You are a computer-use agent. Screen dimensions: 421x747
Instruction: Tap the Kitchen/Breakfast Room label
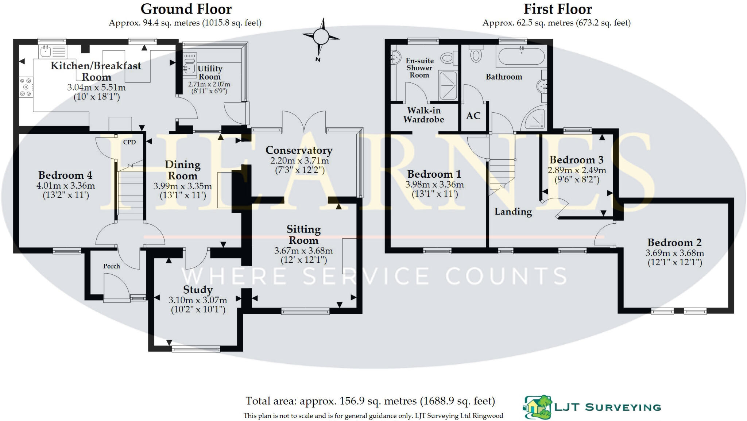(x=96, y=71)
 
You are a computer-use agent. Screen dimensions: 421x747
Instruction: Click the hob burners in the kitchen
(x=26, y=87)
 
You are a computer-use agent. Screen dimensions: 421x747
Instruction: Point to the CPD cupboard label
(x=129, y=142)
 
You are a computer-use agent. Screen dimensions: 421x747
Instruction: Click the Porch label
(x=112, y=266)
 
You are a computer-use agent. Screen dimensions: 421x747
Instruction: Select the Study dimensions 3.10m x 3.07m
(x=198, y=300)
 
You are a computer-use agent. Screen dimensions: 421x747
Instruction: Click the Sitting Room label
(x=303, y=235)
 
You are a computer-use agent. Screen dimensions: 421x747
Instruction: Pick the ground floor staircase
(x=131, y=193)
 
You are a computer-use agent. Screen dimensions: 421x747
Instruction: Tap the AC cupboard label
(x=473, y=116)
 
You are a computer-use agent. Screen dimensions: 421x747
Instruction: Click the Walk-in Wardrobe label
(x=424, y=115)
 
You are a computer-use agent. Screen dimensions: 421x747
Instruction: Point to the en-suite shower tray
(x=448, y=85)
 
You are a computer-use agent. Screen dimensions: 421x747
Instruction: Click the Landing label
(x=513, y=212)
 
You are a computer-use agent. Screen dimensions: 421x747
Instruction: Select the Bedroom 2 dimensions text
(x=675, y=258)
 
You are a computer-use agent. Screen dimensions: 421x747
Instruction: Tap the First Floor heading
(x=557, y=9)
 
